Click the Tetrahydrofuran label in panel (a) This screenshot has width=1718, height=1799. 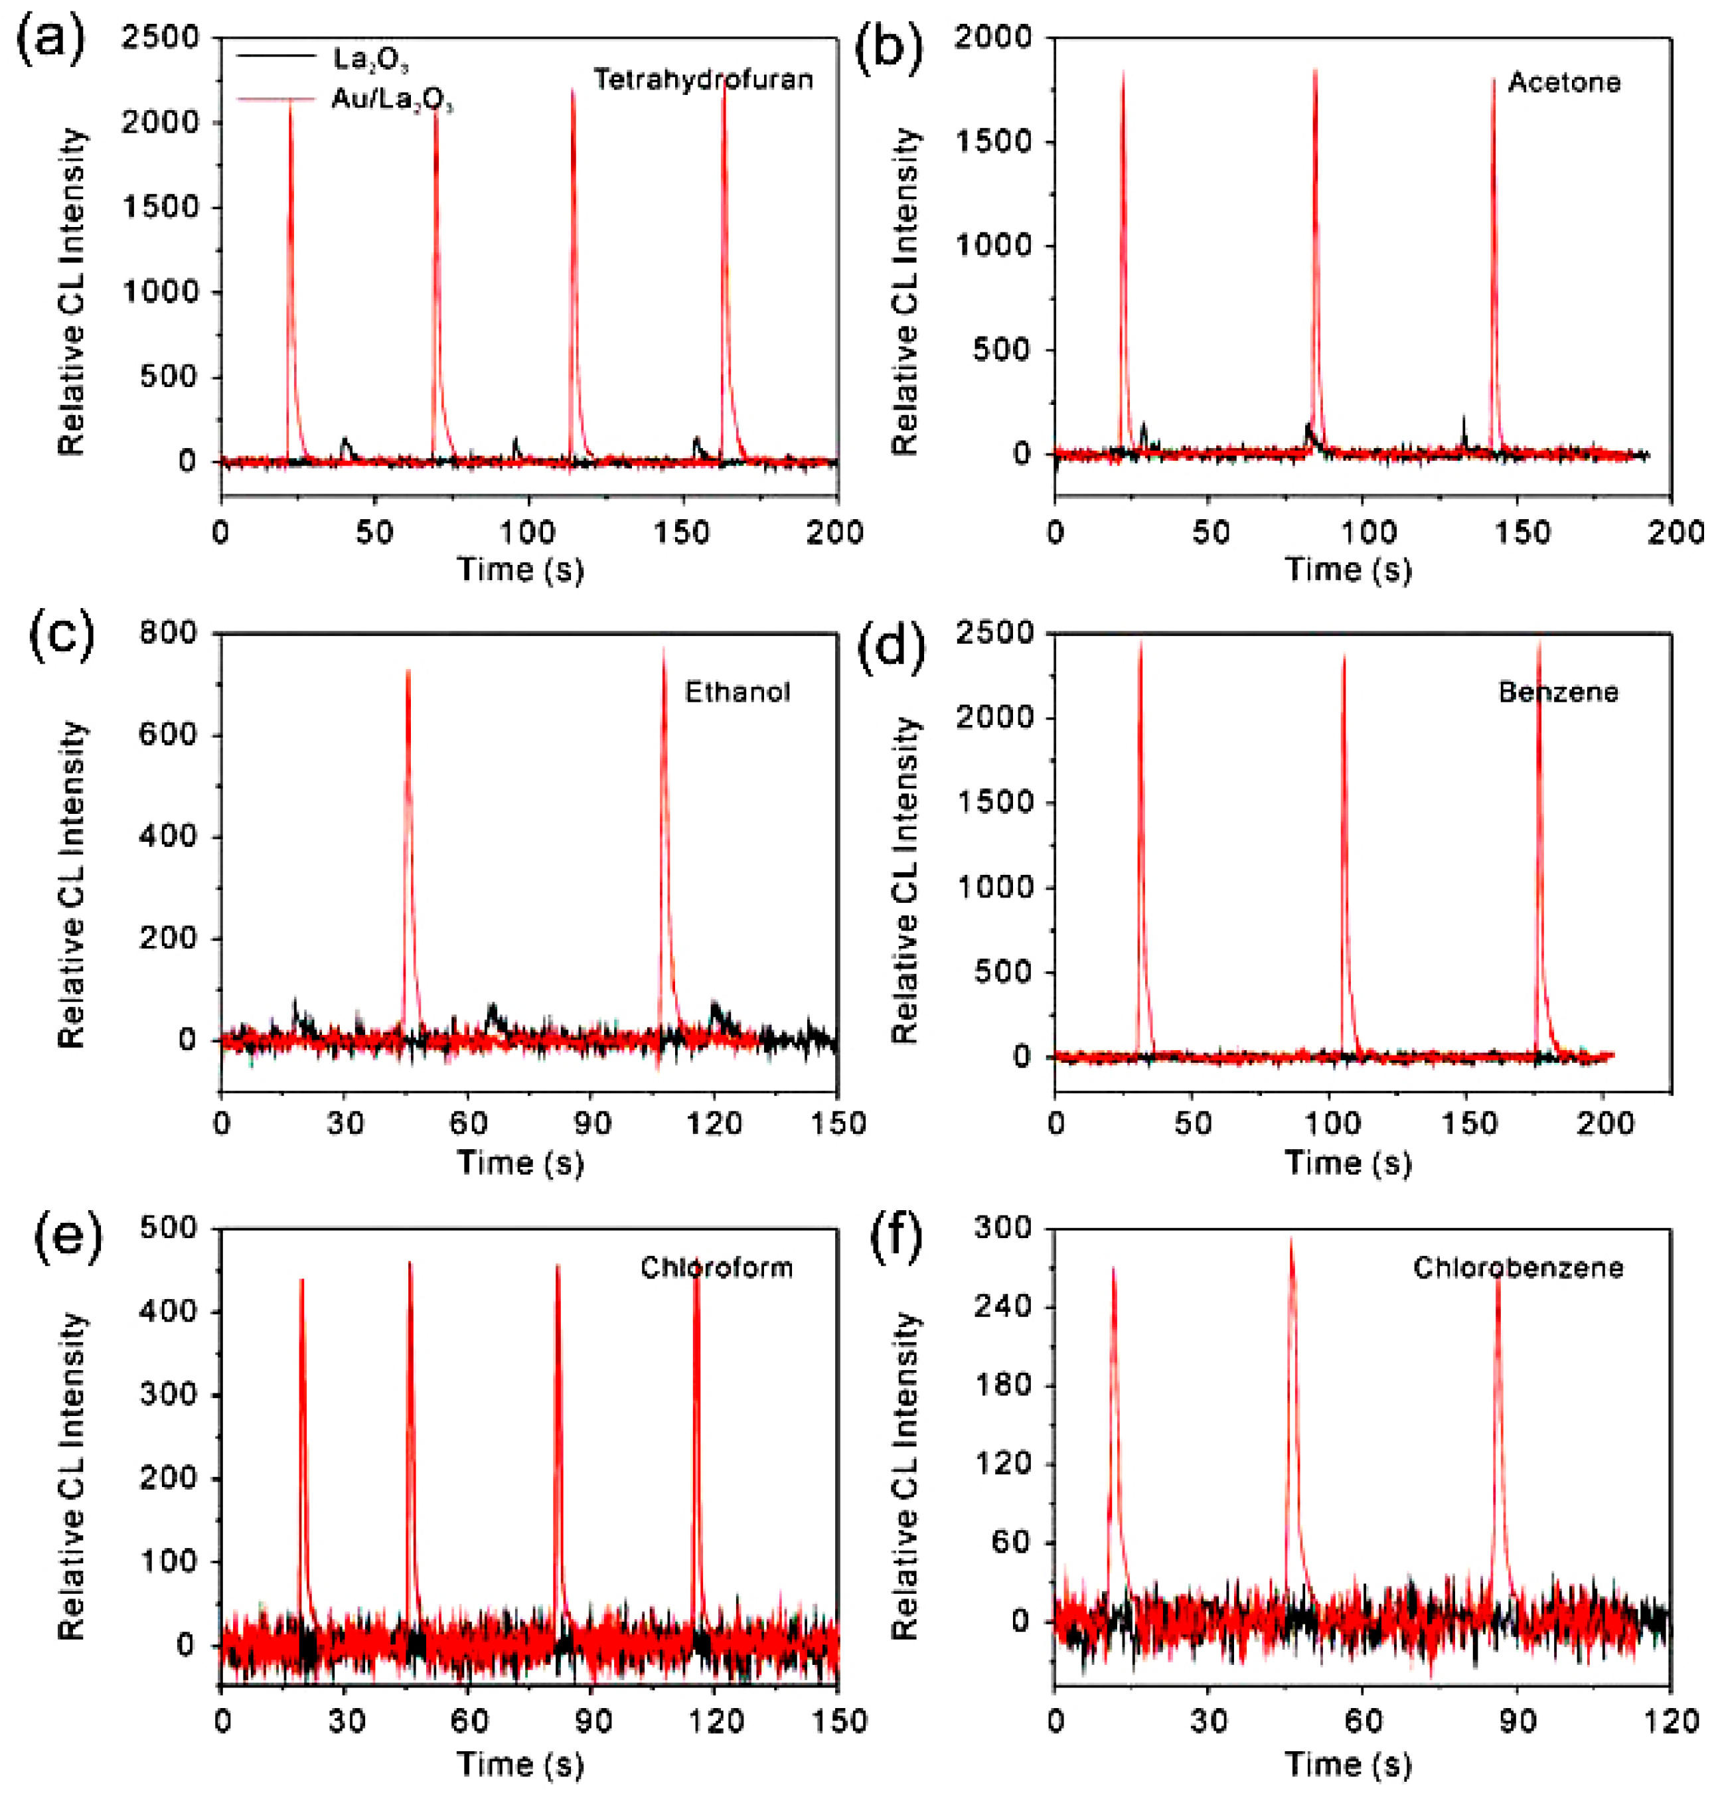point(702,80)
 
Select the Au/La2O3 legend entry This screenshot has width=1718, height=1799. point(391,99)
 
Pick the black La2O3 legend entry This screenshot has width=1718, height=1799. point(370,60)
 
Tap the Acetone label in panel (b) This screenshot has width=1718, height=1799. point(1564,82)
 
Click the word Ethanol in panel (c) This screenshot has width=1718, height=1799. point(738,692)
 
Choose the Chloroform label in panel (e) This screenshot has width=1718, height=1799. point(716,1268)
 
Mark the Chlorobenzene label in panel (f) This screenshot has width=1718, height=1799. point(1518,1268)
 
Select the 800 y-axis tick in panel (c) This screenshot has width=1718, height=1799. point(167,633)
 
